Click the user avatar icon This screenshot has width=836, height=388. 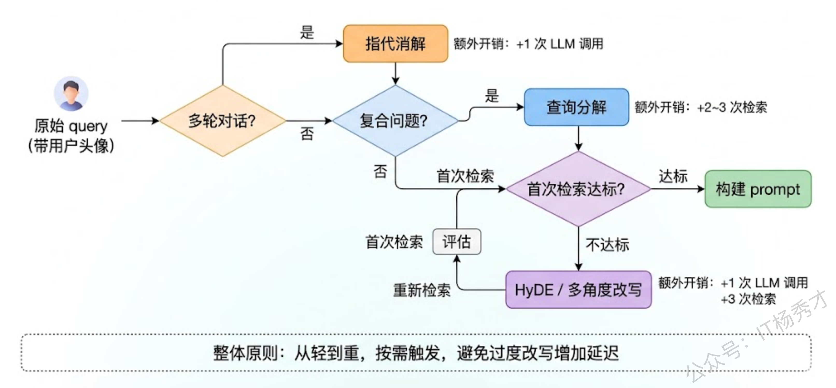(x=71, y=94)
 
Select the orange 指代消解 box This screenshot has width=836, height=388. (x=395, y=44)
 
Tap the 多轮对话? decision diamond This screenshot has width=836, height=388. (x=223, y=121)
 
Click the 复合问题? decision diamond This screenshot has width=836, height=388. (x=395, y=121)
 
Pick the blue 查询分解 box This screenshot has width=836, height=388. (x=576, y=107)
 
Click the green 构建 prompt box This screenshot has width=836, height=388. (x=757, y=189)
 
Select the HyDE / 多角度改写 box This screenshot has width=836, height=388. (x=578, y=290)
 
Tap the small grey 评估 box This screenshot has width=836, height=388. (x=457, y=241)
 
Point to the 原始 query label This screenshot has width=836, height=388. (x=71, y=126)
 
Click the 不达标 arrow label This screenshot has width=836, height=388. (x=607, y=245)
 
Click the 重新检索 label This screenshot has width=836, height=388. (x=422, y=290)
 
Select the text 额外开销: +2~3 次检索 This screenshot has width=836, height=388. (x=701, y=107)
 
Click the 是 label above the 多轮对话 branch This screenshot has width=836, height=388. (x=307, y=32)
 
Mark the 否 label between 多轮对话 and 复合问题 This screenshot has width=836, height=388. (x=307, y=134)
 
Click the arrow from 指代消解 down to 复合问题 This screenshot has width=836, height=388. (x=395, y=73)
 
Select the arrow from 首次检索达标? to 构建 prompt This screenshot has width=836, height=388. (x=677, y=189)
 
